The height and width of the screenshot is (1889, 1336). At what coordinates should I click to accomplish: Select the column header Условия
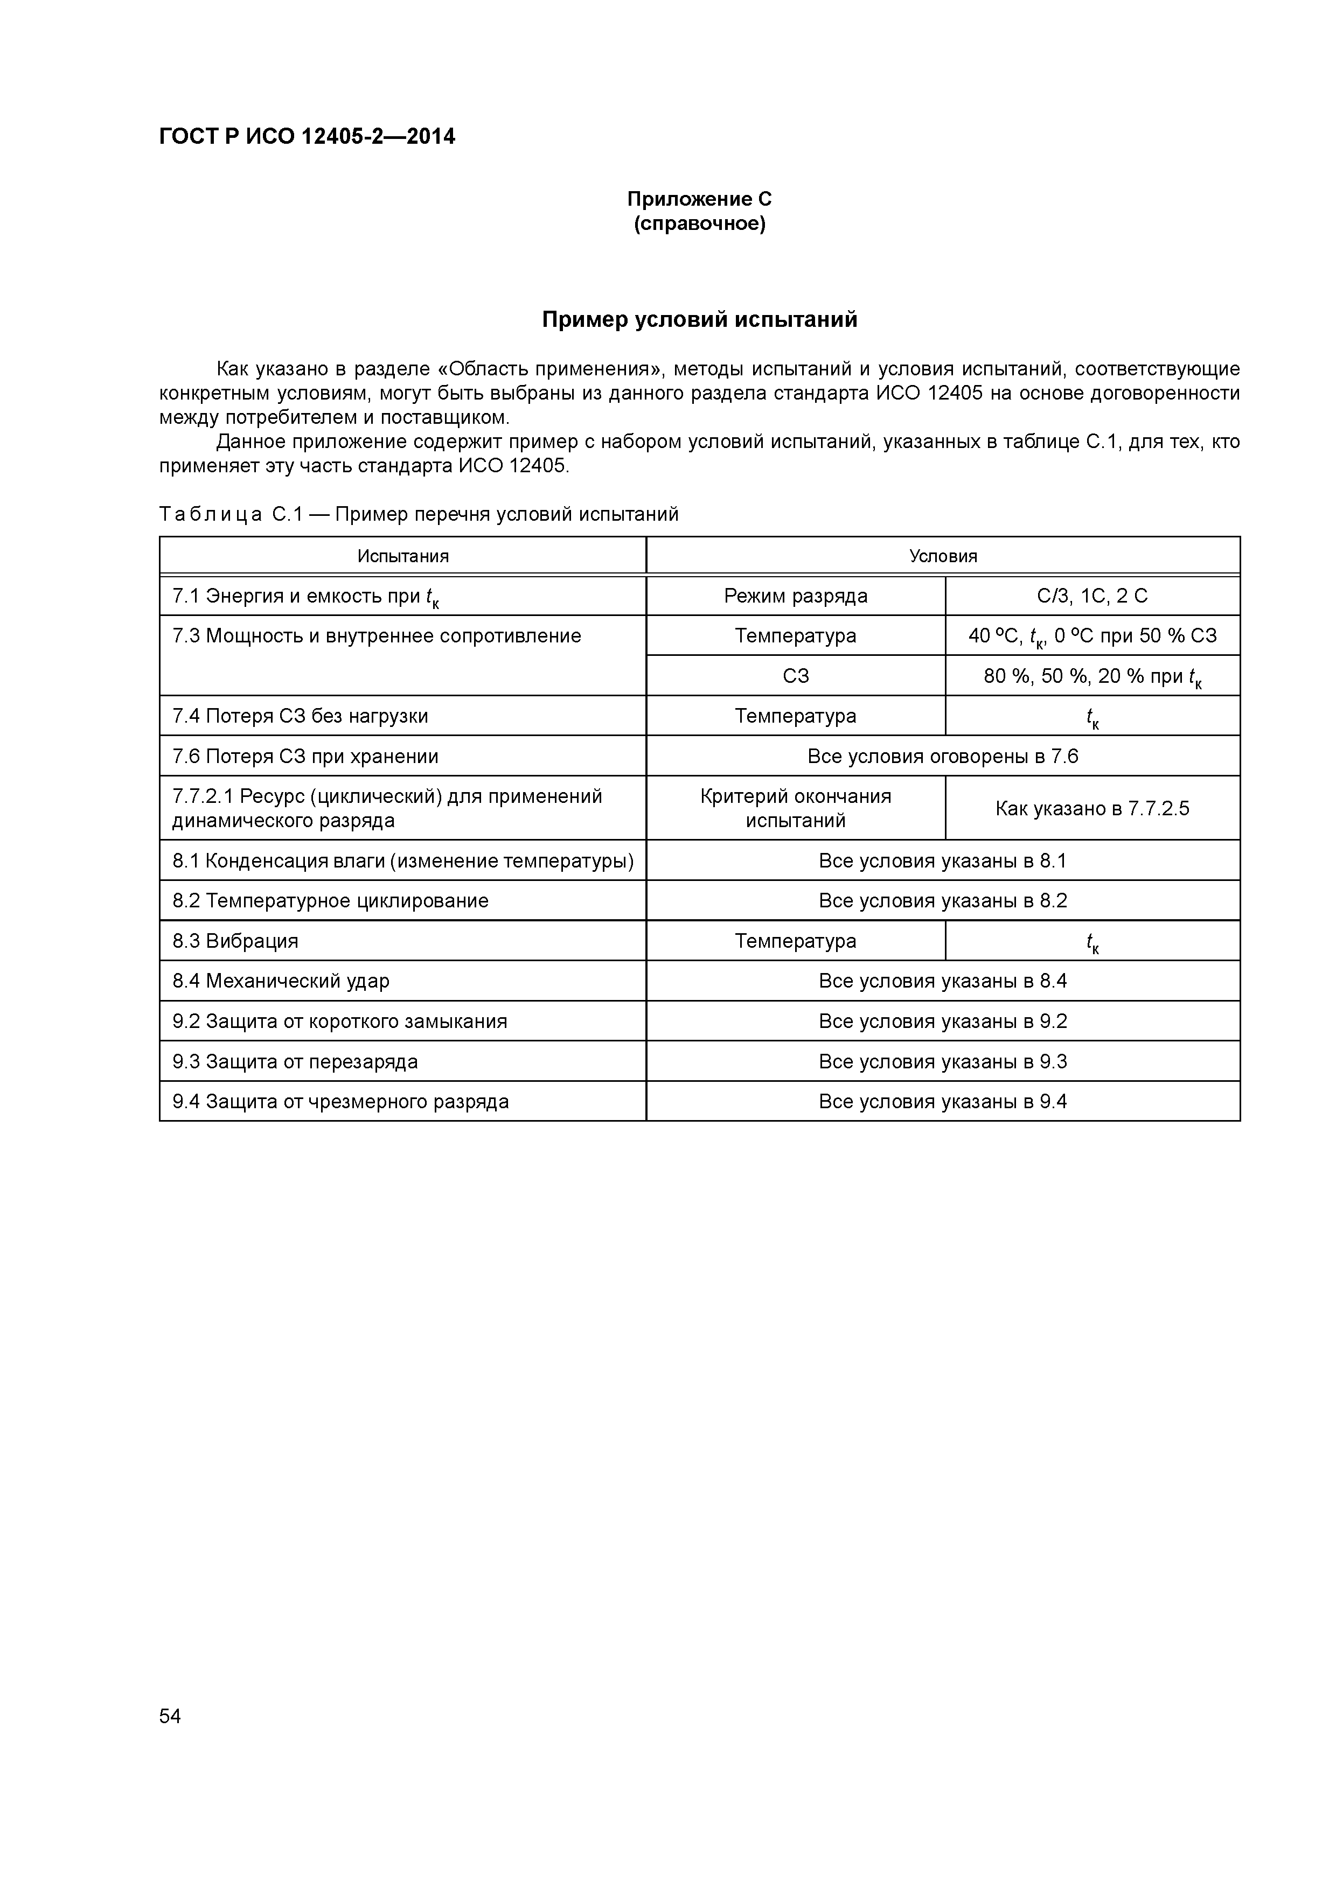point(943,556)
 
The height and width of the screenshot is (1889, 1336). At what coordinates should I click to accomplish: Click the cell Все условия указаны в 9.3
point(943,1062)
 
